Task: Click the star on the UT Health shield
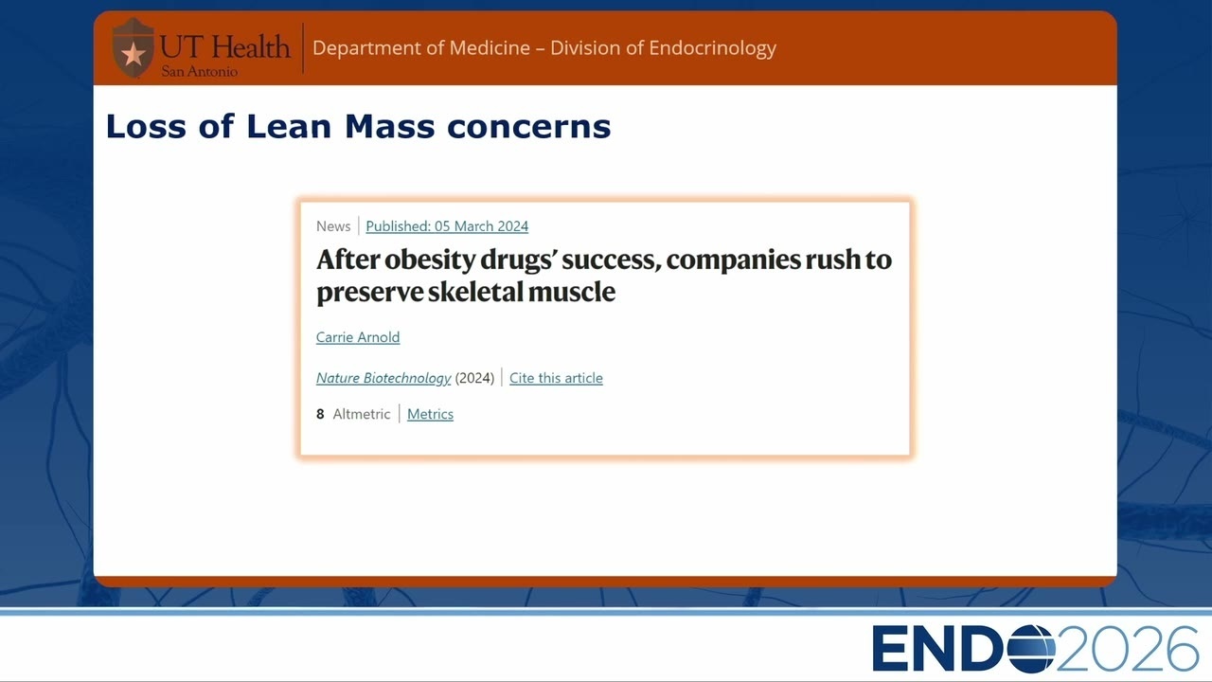click(134, 55)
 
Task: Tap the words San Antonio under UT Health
click(199, 71)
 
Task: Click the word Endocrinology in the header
click(713, 48)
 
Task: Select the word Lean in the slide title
click(289, 127)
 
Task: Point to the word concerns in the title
click(528, 128)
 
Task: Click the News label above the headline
click(333, 226)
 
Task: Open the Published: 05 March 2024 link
click(447, 226)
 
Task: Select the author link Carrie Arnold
click(358, 337)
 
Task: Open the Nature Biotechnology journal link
click(383, 378)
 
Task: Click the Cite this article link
click(556, 378)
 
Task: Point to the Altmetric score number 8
click(320, 414)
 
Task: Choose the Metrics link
click(430, 414)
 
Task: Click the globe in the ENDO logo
click(1031, 649)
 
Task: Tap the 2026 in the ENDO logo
click(1127, 649)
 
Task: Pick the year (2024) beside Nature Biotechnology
click(474, 378)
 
